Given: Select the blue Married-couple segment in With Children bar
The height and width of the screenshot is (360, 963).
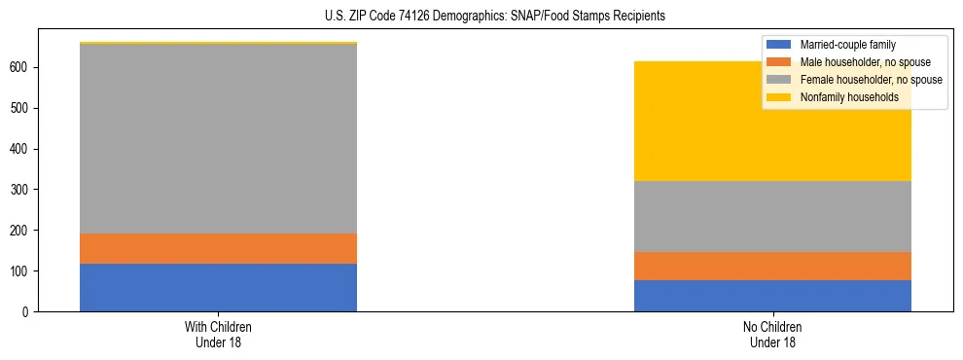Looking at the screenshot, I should point(218,287).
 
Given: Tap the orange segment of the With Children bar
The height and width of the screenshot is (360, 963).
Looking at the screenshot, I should point(218,248).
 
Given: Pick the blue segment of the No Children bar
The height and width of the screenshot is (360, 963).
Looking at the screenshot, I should point(772,296).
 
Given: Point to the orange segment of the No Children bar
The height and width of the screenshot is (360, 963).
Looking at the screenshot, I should point(772,266).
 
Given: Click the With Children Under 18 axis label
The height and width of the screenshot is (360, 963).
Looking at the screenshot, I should point(218,334).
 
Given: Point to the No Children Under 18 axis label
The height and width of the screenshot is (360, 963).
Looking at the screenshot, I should point(772,334).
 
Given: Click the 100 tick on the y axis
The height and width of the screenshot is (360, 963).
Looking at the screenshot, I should point(21,270).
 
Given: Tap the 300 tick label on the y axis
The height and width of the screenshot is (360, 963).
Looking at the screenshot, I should point(21,190).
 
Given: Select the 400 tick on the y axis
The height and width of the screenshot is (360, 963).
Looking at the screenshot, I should point(21,149).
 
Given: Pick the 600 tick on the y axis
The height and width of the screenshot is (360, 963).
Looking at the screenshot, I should point(21,67).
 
